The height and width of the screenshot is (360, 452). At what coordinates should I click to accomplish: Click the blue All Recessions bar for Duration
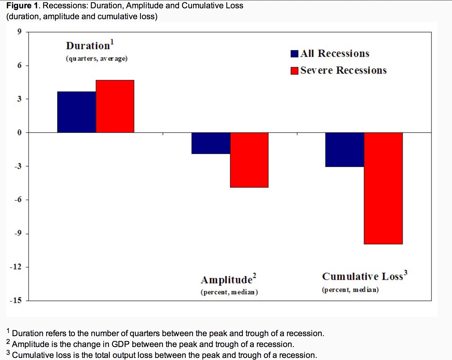pos(77,112)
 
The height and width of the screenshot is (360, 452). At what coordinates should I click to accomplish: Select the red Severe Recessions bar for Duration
pos(115,106)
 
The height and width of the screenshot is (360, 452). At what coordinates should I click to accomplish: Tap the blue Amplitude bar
pos(211,143)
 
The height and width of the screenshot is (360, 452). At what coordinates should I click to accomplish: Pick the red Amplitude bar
pos(249,160)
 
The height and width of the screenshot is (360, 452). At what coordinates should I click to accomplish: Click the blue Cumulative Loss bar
pos(345,150)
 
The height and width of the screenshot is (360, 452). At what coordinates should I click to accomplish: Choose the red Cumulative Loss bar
pos(383,188)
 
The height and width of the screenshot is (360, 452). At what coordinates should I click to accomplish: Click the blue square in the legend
pos(295,54)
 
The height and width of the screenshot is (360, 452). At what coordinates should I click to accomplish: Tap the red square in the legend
pos(295,71)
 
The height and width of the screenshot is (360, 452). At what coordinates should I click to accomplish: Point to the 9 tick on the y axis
pos(19,32)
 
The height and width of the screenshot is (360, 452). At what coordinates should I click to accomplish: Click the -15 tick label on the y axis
pos(16,300)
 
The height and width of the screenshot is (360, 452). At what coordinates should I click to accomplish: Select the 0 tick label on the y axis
pos(19,133)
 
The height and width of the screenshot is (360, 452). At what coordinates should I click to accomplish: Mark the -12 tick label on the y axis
pos(16,267)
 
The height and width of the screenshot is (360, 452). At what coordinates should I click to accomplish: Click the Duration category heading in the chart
pos(88,46)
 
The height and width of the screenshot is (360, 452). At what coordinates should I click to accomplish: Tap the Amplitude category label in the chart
pos(227,280)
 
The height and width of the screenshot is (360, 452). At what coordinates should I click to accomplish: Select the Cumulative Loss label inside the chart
pos(363,276)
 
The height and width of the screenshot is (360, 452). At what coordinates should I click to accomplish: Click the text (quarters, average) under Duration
pos(97,59)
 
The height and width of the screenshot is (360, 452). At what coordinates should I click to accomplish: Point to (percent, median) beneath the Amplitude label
pos(229,292)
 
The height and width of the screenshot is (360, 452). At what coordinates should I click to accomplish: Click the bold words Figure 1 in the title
pos(22,5)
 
